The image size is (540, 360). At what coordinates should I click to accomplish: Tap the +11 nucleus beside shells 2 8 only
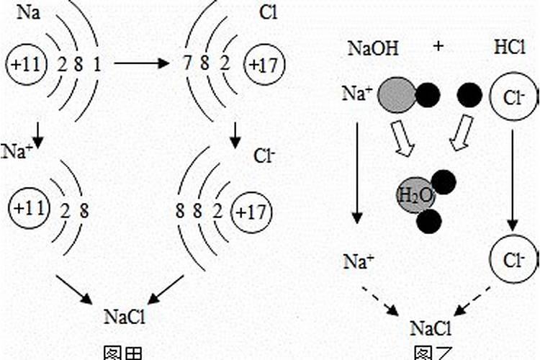click(x=27, y=210)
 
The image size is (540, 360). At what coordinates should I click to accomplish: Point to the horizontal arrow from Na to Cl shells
click(x=141, y=64)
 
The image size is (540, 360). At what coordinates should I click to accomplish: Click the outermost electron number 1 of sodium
click(x=96, y=66)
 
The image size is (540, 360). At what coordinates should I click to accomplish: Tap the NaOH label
click(x=372, y=49)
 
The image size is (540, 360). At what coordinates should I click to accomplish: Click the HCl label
click(x=510, y=49)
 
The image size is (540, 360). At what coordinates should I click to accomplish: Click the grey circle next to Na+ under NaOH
click(x=396, y=96)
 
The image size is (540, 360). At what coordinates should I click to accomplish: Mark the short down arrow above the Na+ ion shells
click(x=35, y=131)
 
